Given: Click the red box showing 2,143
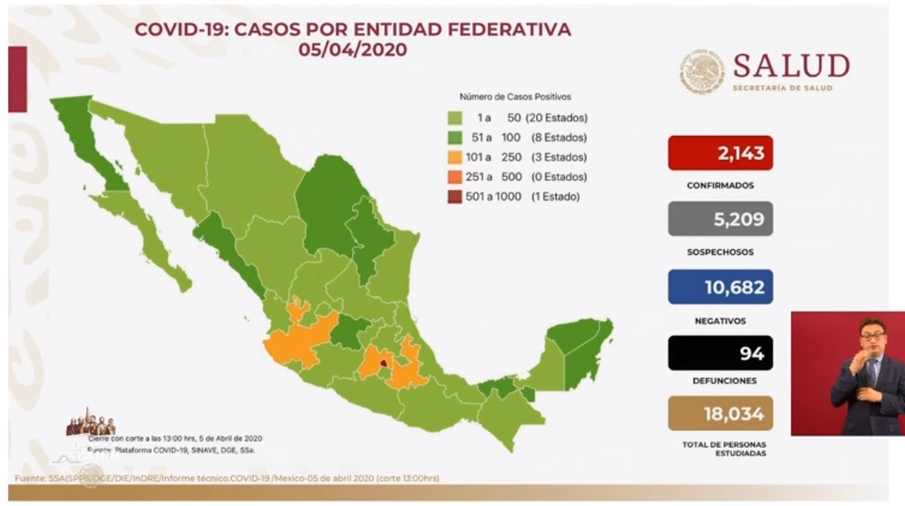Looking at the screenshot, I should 720,153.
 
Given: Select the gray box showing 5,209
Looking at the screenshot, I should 720,219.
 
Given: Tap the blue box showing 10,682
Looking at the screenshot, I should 720,286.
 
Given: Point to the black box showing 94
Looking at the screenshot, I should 720,353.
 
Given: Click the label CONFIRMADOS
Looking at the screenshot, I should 720,185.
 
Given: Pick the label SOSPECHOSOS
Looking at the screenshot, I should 720,253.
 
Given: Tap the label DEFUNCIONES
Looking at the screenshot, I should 720,381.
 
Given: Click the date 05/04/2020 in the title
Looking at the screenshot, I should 352,50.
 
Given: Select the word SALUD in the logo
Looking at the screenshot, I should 791,66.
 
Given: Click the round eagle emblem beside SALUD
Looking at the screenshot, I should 703,73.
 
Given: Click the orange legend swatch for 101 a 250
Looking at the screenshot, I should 455,158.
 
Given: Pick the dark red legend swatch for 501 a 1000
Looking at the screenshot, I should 455,197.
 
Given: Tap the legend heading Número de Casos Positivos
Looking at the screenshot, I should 515,97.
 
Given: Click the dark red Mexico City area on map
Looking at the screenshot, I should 383,365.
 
